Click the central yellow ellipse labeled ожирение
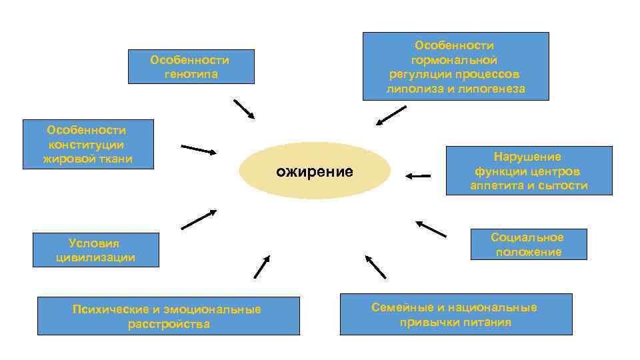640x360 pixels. coord(315,171)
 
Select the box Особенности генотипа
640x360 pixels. coord(191,67)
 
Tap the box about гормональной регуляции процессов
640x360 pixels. coord(455,67)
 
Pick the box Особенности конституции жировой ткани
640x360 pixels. coord(87,144)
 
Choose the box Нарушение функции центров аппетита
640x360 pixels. coord(529,171)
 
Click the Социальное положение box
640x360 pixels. coord(528,245)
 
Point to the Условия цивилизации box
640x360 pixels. coord(96,250)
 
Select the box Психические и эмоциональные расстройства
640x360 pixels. coord(168,316)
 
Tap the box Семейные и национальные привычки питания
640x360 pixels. coord(455,314)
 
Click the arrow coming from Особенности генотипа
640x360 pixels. coord(244,109)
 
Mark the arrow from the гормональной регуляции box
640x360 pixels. coord(391,115)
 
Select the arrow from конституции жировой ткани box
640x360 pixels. coord(199,149)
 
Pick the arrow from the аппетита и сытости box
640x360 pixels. coord(418,176)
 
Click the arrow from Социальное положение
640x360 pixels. coord(431,229)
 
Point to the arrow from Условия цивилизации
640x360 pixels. coord(199,219)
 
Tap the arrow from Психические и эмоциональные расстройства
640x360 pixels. coord(261,267)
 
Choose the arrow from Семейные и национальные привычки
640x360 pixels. coord(376,266)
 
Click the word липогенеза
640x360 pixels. coord(489,89)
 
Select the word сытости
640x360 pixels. coord(565,186)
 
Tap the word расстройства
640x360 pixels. coord(168,325)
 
